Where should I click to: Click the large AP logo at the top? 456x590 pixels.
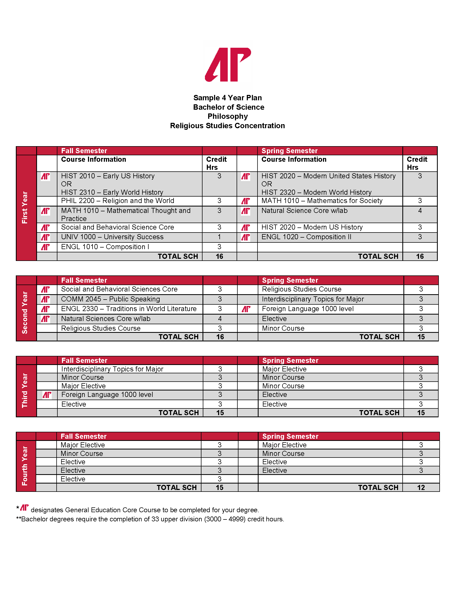pos(228,65)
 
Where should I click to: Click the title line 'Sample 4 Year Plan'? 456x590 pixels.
pos(227,98)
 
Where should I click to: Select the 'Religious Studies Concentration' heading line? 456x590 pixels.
pos(227,126)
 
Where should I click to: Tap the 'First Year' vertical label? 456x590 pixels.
pos(25,208)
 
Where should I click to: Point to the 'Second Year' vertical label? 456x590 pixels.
pos(25,312)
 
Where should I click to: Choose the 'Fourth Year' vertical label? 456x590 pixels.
pos(25,466)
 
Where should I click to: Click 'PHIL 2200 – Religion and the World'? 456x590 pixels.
pos(117,201)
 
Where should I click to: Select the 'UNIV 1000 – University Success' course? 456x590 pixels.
pos(112,237)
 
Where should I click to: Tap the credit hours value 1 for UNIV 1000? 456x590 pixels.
pos(219,237)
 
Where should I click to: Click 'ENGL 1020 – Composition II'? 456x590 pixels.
pos(306,237)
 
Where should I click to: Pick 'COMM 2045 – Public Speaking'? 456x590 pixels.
pos(111,299)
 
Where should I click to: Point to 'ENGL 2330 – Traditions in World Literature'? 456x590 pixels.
pos(129,309)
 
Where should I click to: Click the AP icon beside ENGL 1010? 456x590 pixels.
pos(45,247)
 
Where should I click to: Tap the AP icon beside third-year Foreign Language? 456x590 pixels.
pos(47,395)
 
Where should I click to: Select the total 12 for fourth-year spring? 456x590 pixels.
pos(421,488)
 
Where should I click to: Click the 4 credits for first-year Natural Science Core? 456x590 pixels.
pos(420,211)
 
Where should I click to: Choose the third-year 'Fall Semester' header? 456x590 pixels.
pos(84,360)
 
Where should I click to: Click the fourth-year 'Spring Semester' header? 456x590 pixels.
pos(290,436)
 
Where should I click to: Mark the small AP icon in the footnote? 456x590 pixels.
pos(25,508)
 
